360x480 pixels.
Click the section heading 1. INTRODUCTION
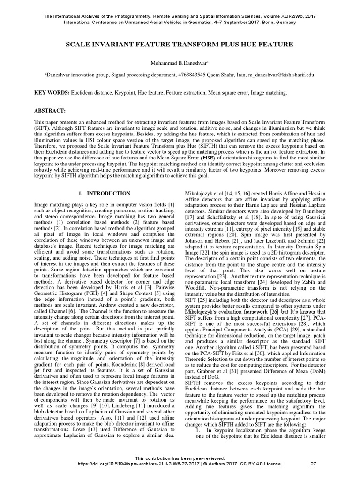point(104,193)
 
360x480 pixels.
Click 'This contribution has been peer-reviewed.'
point(180,458)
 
